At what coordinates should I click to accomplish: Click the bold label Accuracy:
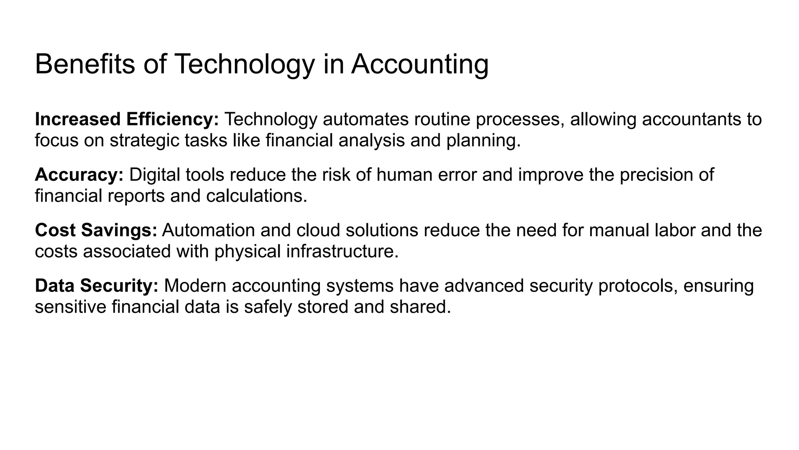click(79, 175)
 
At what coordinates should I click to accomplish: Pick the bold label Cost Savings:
click(96, 230)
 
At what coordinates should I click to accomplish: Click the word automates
click(365, 119)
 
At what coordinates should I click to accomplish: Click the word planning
click(483, 141)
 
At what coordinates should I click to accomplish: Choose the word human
click(405, 175)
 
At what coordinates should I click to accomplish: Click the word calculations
click(256, 196)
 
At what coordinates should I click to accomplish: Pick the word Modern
click(195, 286)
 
